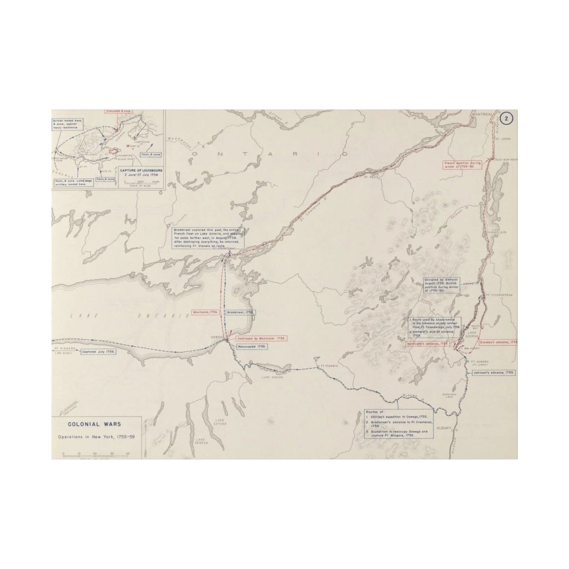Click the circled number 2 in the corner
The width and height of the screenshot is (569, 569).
(508, 118)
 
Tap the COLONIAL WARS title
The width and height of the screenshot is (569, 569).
(95, 424)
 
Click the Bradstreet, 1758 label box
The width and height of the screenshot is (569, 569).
(240, 312)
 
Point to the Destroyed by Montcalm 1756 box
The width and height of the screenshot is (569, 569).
(261, 338)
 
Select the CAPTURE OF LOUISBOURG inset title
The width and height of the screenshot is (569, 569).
(141, 171)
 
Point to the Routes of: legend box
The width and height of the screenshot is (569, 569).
(398, 423)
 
